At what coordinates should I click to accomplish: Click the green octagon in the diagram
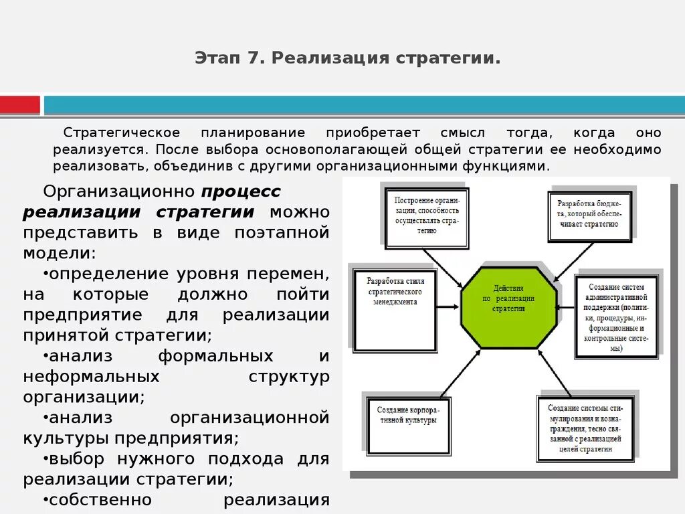click(x=508, y=308)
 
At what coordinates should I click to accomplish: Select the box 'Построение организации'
click(x=426, y=217)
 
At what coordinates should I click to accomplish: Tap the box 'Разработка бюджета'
click(x=590, y=215)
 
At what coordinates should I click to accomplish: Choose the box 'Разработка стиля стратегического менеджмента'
click(x=395, y=309)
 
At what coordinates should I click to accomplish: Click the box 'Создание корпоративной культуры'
click(x=408, y=424)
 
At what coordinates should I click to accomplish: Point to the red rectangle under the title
click(x=20, y=105)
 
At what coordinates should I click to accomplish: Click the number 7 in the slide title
click(x=252, y=58)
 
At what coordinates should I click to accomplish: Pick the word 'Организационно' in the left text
click(x=118, y=191)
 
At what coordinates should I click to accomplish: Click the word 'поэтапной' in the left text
click(x=282, y=233)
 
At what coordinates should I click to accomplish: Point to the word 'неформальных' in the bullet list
click(x=92, y=376)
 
